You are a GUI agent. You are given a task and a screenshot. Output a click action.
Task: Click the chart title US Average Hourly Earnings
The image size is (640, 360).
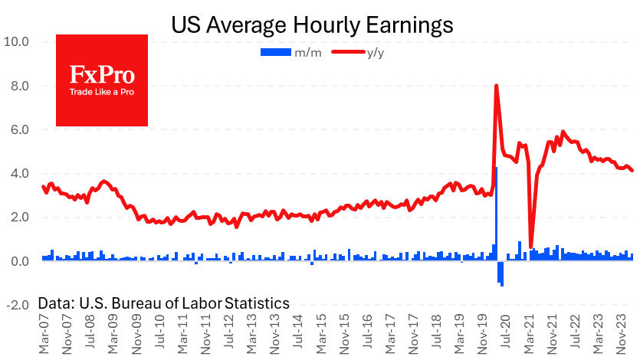click(312, 25)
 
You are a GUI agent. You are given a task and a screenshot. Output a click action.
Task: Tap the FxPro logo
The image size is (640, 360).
click(102, 80)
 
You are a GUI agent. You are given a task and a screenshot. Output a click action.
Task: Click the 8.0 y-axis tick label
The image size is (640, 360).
click(18, 86)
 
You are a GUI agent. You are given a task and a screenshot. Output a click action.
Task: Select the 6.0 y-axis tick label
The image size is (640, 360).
click(18, 129)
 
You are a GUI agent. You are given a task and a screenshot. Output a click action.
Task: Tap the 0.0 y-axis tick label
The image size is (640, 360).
click(18, 261)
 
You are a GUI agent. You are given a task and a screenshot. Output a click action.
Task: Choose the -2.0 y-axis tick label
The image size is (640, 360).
click(16, 305)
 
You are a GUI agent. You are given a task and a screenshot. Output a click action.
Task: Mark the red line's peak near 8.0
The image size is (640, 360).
click(497, 86)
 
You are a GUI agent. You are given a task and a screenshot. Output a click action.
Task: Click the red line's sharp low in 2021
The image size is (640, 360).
click(531, 245)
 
